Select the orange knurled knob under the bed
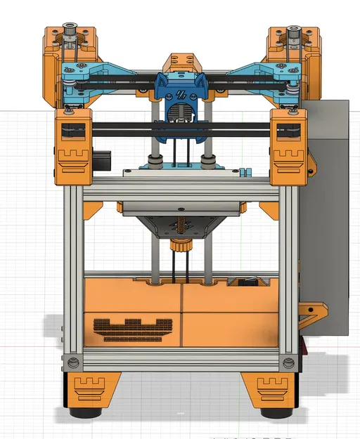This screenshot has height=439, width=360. (181, 248)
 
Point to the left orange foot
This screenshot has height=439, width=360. (90, 388)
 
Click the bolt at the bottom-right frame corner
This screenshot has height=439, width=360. (286, 362)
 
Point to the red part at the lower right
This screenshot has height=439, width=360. (304, 348)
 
